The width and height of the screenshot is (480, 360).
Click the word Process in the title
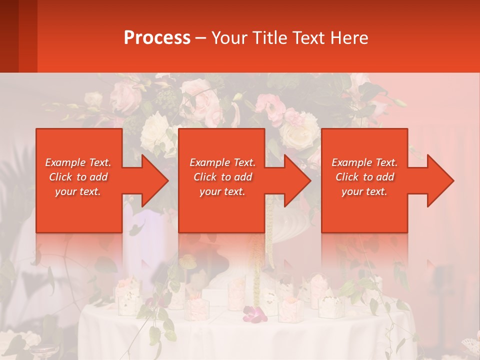click(157, 38)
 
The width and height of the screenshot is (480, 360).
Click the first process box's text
click(78, 177)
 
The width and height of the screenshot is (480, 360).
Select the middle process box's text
click(222, 177)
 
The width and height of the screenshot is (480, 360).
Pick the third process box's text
click(364, 177)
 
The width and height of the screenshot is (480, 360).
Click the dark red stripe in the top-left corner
click(9, 36)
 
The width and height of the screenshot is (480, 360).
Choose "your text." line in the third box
click(364, 191)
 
